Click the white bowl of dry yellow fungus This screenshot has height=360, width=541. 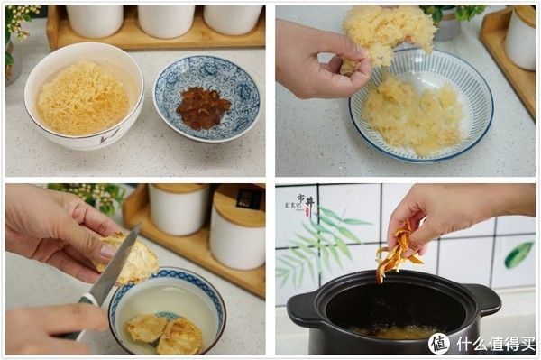83,97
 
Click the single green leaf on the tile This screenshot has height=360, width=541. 518,255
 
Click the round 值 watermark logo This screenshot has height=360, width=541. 438,343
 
